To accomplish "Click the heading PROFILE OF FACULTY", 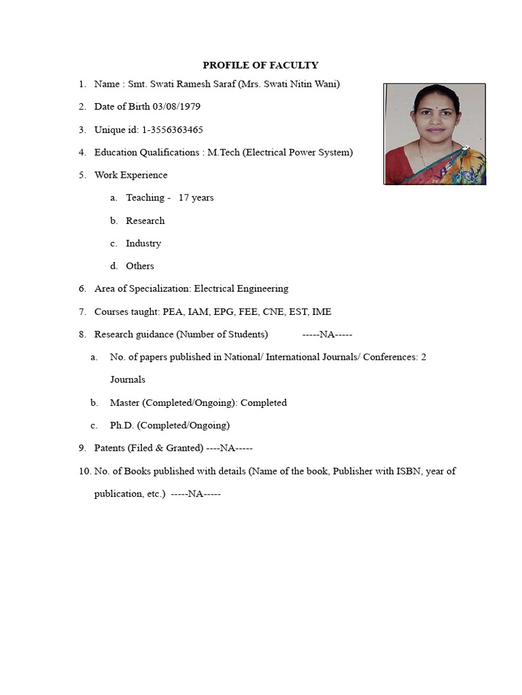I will click(x=260, y=65).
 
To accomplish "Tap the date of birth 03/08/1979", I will click(x=177, y=107).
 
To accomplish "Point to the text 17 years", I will click(x=196, y=198).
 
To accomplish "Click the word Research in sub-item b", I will click(x=145, y=221).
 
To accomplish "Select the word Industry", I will click(x=143, y=243).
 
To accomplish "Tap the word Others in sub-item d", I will click(x=140, y=266).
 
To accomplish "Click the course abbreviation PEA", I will click(x=173, y=312).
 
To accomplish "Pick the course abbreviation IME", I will click(x=321, y=312).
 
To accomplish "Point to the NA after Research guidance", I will click(x=327, y=335).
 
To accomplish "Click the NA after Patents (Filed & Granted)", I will click(x=230, y=448).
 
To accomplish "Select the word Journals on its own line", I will click(x=127, y=379).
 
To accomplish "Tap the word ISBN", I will click(x=409, y=471).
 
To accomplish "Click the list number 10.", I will click(x=84, y=471).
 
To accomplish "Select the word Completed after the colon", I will click(x=264, y=402).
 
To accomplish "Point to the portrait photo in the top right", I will click(x=434, y=134).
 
